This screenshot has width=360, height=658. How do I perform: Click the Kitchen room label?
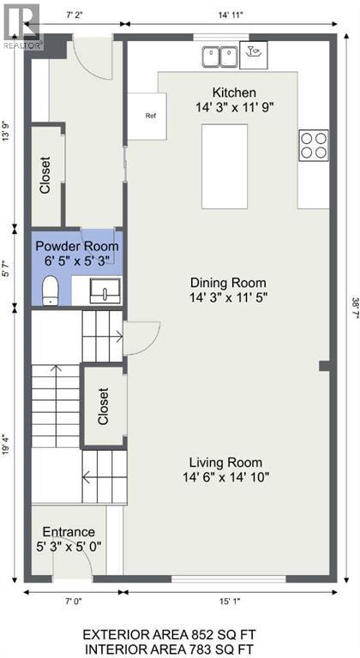(234, 93)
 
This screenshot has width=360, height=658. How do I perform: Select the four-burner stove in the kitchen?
(313, 144)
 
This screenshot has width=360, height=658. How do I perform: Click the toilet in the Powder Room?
(49, 290)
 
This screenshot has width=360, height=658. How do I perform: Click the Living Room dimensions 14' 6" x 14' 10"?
(226, 477)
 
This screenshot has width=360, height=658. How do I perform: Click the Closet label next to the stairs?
(104, 407)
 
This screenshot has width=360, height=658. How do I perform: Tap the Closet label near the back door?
(45, 175)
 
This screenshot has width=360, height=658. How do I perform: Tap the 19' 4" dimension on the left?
(8, 446)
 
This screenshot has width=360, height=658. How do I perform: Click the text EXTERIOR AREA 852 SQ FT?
(179, 634)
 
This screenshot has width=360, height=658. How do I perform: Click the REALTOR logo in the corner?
(21, 25)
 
